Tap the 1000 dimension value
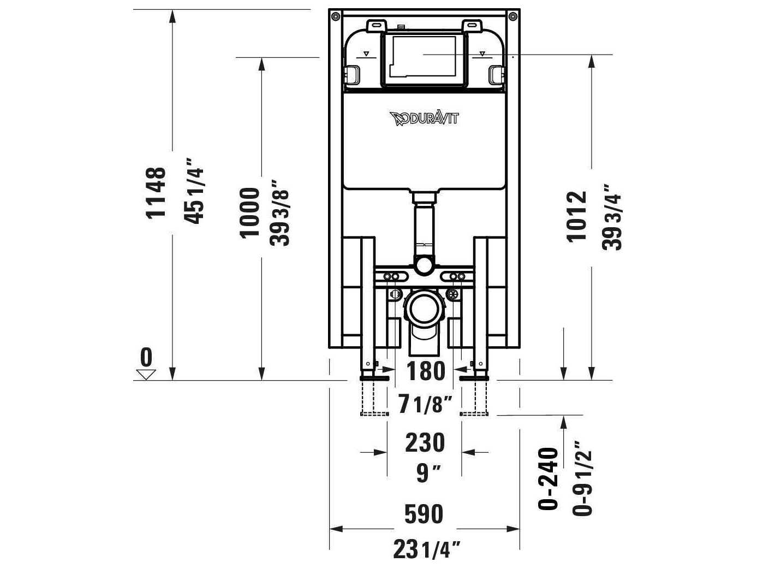point(250,212)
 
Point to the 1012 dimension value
point(576,216)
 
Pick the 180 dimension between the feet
point(426,371)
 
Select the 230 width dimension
point(425,443)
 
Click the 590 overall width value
point(424,514)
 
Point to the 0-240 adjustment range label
point(549,479)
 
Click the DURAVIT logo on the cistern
point(424,119)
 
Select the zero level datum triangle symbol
point(146,374)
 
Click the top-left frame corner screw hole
point(335,17)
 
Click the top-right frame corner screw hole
point(512,17)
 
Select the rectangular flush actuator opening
point(424,57)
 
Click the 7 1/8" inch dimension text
point(426,405)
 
